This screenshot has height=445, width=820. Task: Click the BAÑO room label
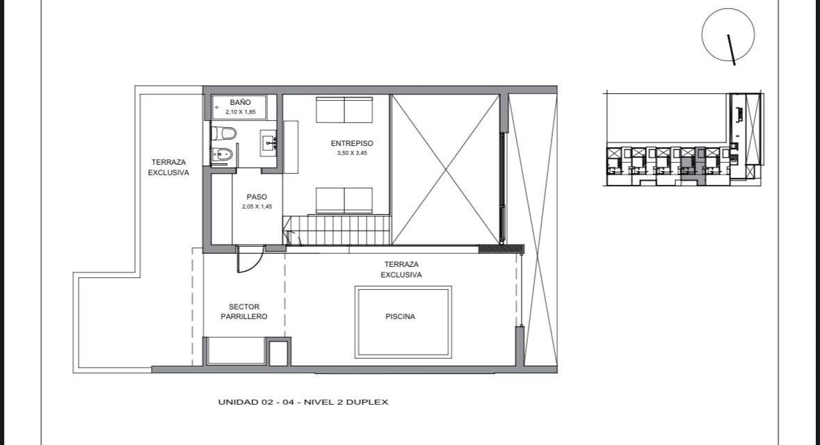240,102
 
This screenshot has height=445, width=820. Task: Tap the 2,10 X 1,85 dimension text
241,112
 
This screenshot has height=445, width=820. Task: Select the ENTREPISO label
352,143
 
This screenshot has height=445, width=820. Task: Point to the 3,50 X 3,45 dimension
352,153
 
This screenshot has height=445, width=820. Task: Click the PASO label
257,197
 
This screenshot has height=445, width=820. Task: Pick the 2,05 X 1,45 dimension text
257,207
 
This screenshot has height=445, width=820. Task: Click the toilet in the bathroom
224,133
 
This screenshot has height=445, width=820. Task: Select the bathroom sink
268,141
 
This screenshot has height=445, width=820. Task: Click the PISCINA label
401,316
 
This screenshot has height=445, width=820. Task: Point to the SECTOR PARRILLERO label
243,311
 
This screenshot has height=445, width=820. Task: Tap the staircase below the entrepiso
337,230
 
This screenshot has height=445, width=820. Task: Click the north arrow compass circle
728,35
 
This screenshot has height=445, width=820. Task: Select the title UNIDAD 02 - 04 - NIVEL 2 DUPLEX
303,402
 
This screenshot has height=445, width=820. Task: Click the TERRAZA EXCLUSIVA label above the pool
401,270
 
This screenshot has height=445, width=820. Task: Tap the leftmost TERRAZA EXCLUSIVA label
168,168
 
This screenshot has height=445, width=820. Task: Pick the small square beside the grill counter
279,352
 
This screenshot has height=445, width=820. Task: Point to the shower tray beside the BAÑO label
239,107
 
